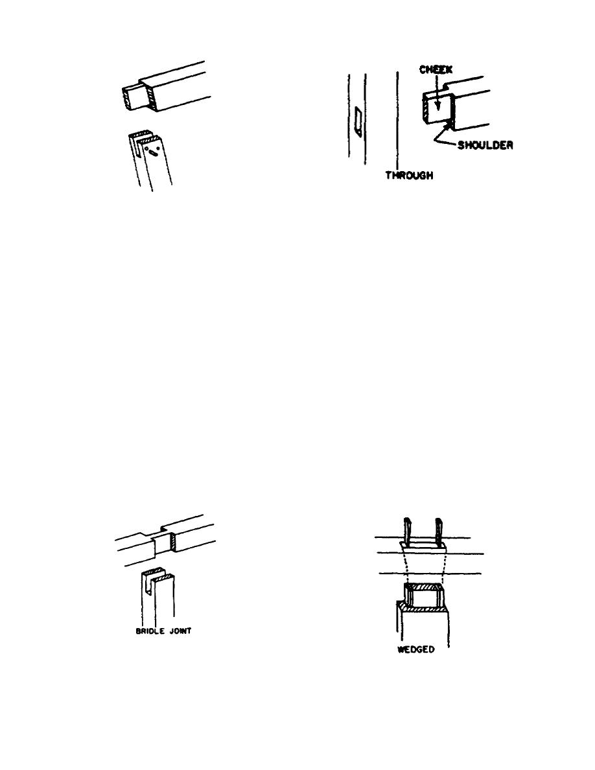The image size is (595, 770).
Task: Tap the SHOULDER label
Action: (486, 145)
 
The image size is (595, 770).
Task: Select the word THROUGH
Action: (409, 175)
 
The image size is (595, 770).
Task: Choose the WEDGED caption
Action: (415, 649)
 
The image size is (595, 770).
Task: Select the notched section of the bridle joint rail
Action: (159, 541)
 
